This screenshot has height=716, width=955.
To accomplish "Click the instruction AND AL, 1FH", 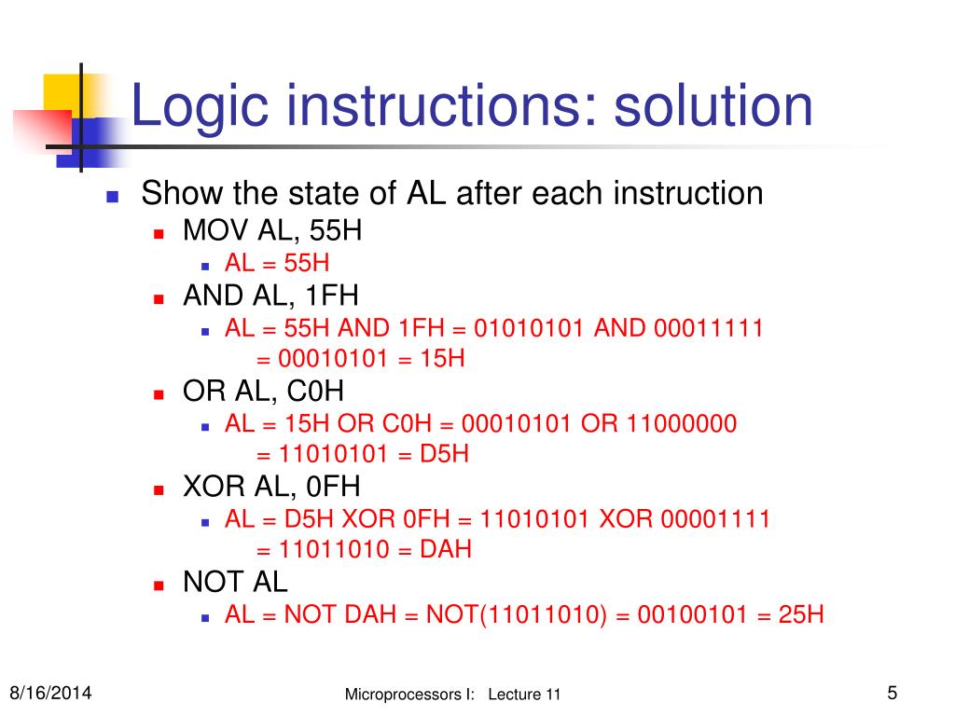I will [x=270, y=296].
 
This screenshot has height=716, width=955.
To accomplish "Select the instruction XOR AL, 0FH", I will [x=271, y=487].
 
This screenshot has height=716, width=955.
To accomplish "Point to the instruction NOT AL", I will [x=236, y=582].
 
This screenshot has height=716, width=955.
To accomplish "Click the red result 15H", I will [x=444, y=359].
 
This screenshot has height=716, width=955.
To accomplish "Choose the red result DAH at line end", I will [x=447, y=549].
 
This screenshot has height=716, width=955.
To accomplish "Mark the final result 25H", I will [x=801, y=614].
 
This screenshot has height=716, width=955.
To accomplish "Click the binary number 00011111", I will [x=709, y=328].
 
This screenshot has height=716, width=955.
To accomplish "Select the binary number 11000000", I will [x=682, y=424].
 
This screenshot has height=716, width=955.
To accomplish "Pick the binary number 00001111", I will [x=716, y=518].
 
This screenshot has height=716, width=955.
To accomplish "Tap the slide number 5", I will [x=892, y=692].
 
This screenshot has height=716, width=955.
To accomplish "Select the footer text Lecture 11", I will [x=525, y=694].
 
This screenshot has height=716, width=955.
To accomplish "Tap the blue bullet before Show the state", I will [x=113, y=197].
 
